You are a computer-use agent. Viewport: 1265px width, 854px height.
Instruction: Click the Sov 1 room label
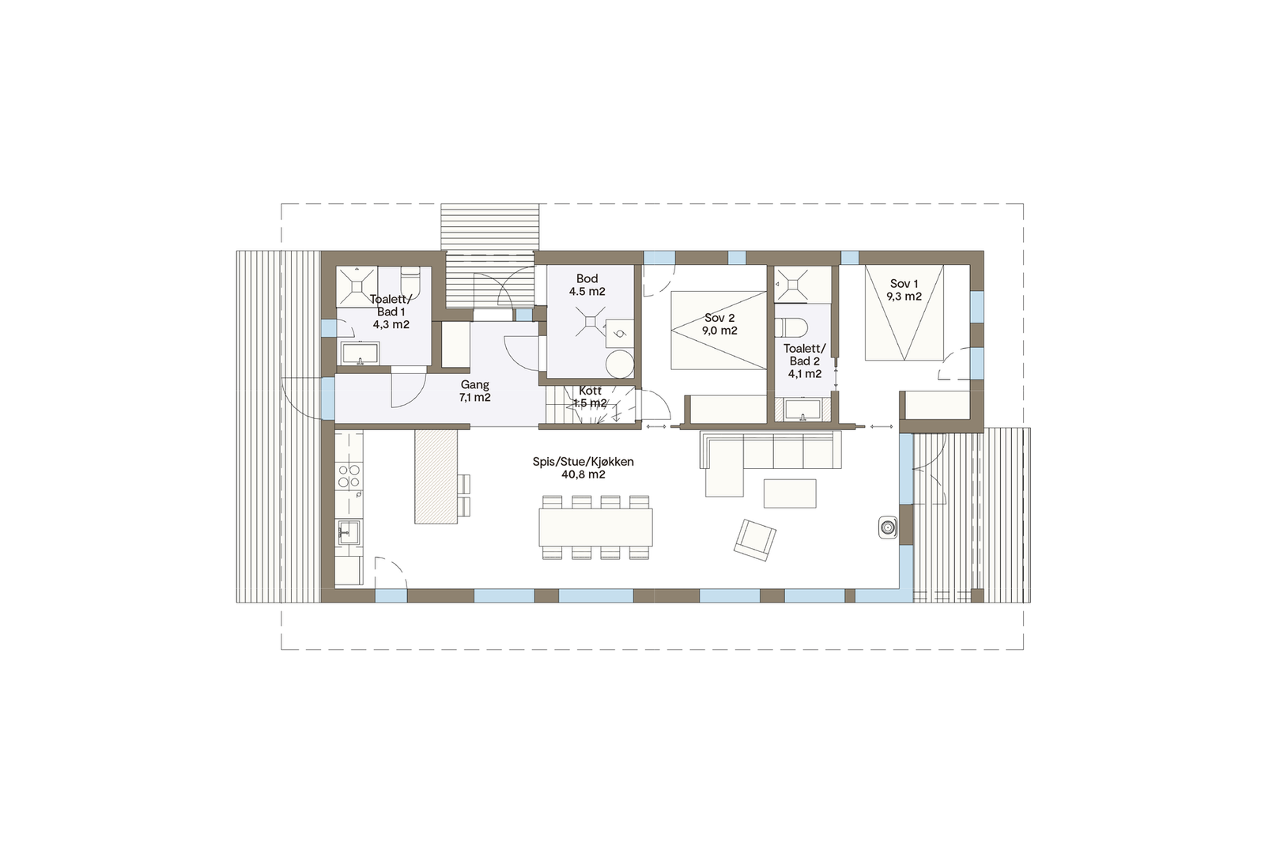[x=904, y=290]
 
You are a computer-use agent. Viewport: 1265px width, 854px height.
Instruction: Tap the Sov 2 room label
[x=719, y=324]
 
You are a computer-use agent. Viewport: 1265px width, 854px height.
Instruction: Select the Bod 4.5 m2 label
[x=587, y=285]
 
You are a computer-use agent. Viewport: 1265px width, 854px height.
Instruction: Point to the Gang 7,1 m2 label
[x=474, y=391]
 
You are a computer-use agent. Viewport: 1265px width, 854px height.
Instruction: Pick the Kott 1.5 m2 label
[x=590, y=397]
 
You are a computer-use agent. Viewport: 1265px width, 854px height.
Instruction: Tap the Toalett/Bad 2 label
[x=804, y=361]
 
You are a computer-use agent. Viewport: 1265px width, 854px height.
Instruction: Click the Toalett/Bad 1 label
[x=391, y=312]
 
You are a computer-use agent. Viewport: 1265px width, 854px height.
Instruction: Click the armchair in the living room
[x=754, y=540]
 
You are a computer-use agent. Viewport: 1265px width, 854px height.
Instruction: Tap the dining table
[x=595, y=527]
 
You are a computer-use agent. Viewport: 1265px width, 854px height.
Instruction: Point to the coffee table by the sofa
[x=789, y=493]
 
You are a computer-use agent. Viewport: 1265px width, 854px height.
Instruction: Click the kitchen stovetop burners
[x=349, y=476]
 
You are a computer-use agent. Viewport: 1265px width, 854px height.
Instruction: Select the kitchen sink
[x=348, y=532]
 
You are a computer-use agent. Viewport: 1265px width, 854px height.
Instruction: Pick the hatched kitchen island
[x=436, y=476]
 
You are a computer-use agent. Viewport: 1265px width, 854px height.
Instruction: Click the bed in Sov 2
[x=719, y=331]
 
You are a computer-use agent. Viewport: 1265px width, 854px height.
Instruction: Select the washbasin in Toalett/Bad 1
[x=360, y=353]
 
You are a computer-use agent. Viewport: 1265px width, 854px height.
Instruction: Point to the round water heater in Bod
[x=620, y=365]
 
